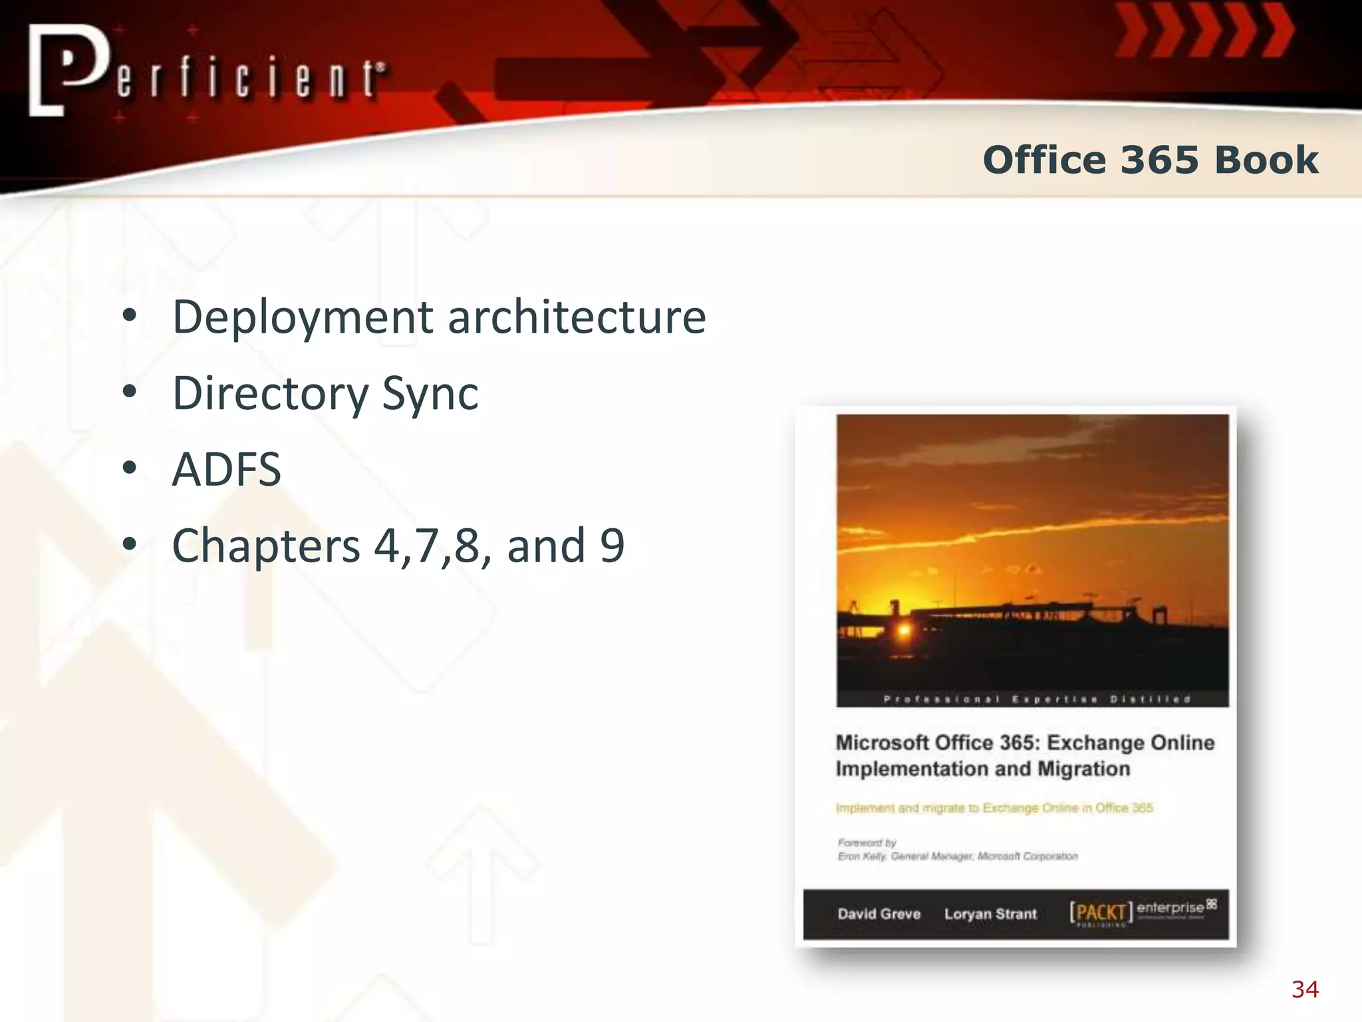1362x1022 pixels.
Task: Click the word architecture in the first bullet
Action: [x=577, y=317]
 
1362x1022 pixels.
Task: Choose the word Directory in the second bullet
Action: [x=269, y=394]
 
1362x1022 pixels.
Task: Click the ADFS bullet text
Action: [x=226, y=470]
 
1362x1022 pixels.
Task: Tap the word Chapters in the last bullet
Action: [x=266, y=546]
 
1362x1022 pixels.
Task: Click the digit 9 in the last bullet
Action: [x=612, y=546]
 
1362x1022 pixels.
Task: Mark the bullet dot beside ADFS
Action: [x=130, y=468]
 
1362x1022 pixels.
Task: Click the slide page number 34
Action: [x=1305, y=989]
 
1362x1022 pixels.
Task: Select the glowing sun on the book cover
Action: [x=904, y=629]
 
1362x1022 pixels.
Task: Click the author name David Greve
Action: [x=879, y=914]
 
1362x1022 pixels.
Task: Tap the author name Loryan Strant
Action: [x=990, y=914]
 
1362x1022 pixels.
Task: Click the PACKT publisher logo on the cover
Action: [x=1101, y=913]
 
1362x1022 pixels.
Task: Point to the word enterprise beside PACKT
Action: [x=1170, y=908]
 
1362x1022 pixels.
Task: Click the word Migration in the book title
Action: [x=1083, y=769]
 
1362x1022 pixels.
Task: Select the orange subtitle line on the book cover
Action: [x=994, y=808]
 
